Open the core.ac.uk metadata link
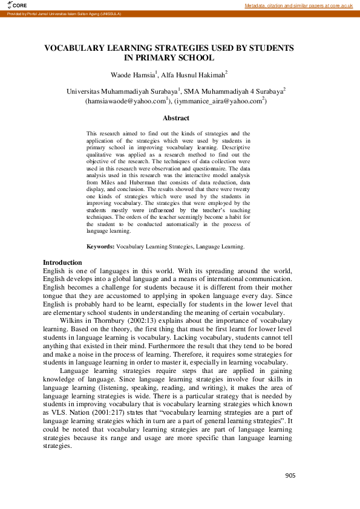(298, 5)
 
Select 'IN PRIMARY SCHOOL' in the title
(169, 58)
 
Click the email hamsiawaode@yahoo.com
(127, 102)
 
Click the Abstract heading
(176, 118)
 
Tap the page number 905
(290, 476)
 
